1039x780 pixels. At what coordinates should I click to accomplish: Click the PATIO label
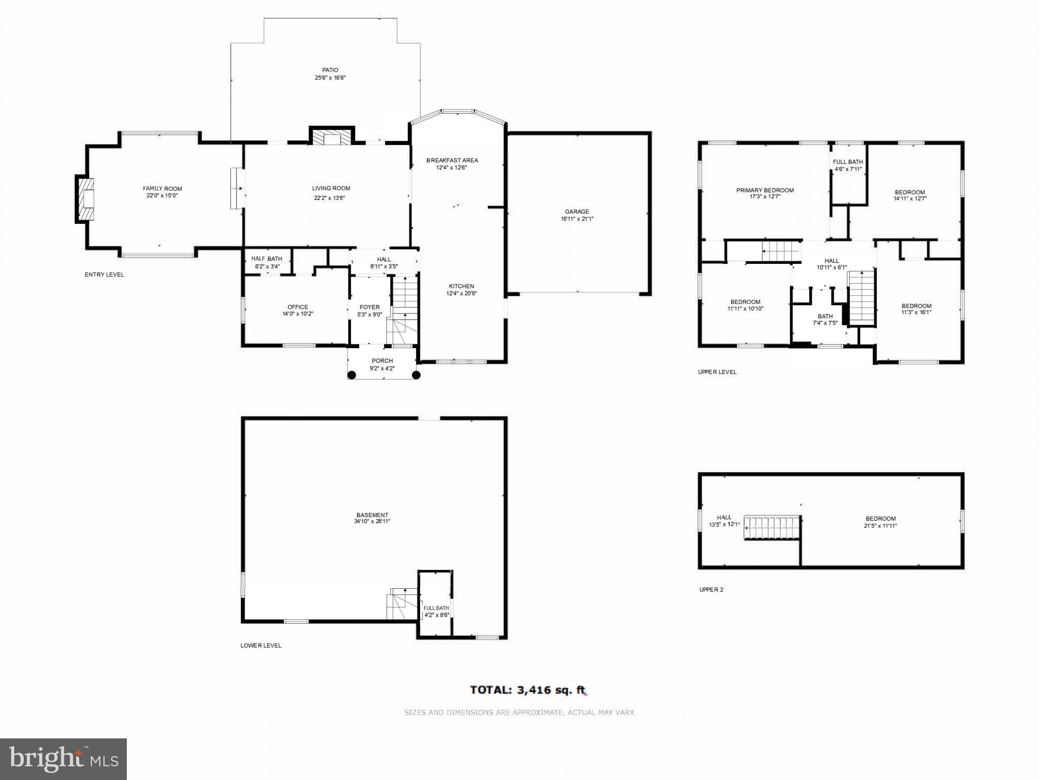[330, 70]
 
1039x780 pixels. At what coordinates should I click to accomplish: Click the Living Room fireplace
[332, 137]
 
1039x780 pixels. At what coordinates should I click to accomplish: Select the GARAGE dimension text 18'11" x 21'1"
[577, 219]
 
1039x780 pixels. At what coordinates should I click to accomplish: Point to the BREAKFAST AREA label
[452, 160]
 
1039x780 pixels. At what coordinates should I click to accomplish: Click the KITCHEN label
[461, 286]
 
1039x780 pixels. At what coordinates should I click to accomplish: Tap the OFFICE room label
[298, 307]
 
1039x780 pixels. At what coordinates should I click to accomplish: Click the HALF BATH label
[267, 259]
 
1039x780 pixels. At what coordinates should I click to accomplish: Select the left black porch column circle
[352, 375]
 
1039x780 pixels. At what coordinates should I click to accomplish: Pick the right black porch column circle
[416, 375]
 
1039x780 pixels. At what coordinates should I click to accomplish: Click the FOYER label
[369, 307]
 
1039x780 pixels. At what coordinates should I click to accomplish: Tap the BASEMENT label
[372, 515]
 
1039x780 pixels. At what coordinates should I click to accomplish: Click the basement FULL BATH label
[436, 608]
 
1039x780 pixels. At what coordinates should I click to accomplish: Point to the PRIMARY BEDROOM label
[765, 190]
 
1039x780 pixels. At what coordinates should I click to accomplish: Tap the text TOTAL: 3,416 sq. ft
[528, 690]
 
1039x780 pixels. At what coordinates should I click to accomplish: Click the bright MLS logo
[63, 759]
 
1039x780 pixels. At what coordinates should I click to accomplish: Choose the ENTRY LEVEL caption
[104, 275]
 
